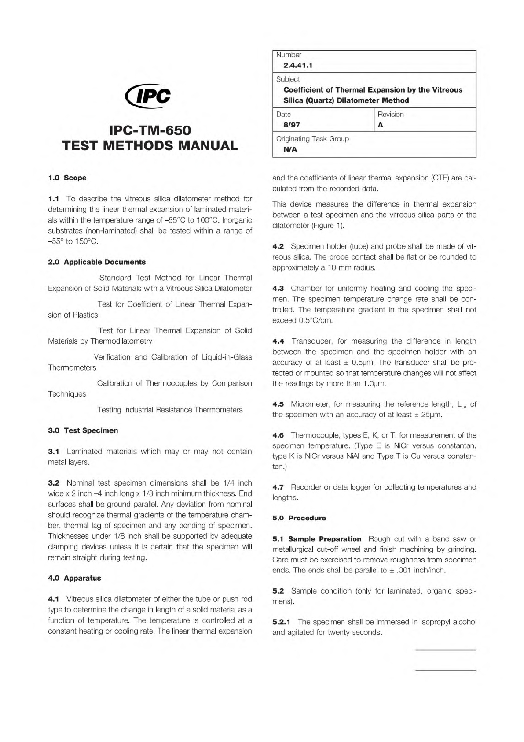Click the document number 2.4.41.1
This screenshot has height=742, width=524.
pos(298,66)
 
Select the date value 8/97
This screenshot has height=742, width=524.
pos(292,125)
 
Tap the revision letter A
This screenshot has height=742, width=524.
pos(381,125)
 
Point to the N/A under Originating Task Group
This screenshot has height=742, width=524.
pos(290,149)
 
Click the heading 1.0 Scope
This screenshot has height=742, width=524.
pos(67,178)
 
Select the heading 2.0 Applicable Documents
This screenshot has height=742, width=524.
pos(97,262)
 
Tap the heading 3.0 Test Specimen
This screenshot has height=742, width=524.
pos(83,430)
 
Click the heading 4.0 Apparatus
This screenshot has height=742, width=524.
pos(74,578)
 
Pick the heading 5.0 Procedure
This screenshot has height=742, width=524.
pos(299,518)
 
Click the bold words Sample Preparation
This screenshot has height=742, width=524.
pos(325,539)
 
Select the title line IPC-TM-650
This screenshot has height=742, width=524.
pos(150,130)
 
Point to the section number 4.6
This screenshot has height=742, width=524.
pos(278,435)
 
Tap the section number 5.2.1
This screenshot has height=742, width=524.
pos(282,622)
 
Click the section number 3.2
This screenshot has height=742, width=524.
pos(54,483)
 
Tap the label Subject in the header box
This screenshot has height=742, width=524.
pos(288,79)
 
